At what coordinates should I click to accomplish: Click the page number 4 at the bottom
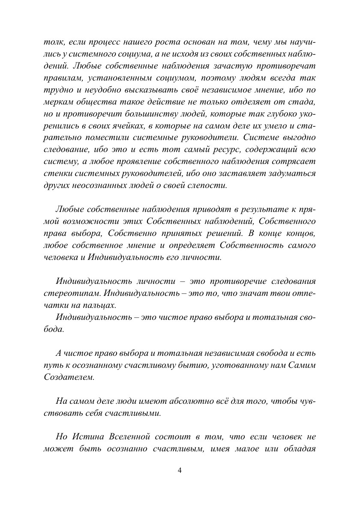[180, 470]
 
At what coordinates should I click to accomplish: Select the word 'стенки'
[55, 174]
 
